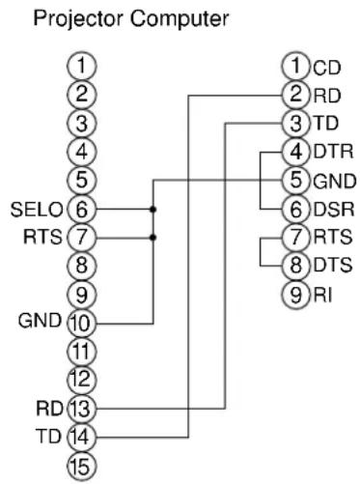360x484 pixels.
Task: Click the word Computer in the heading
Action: [180, 19]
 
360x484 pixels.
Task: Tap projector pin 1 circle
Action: [81, 66]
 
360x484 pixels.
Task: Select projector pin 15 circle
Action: [81, 466]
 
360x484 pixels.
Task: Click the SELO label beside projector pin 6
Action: [37, 210]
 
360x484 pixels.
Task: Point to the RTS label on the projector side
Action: [42, 238]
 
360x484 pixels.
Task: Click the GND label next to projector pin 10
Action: [40, 321]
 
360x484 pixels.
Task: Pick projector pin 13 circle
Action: [81, 409]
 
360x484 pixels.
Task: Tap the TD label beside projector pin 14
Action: [48, 437]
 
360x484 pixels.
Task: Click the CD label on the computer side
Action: [326, 68]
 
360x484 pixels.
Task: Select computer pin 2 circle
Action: [296, 95]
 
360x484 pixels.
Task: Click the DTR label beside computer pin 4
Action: [333, 152]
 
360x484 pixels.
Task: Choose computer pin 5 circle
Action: [296, 180]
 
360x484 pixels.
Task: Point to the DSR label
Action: [334, 209]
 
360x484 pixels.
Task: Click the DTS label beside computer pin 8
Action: [333, 266]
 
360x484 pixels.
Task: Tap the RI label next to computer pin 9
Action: [322, 295]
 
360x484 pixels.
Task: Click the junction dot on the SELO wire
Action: [153, 210]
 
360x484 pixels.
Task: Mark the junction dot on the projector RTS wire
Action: [153, 238]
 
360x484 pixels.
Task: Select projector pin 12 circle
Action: [81, 380]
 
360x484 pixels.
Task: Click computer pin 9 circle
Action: [296, 294]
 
